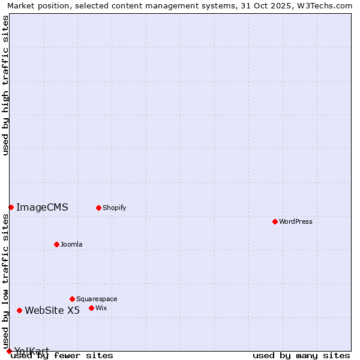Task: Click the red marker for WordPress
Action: (275, 221)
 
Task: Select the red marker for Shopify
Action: (98, 208)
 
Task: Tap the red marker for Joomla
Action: (56, 244)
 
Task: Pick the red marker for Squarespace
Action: (72, 299)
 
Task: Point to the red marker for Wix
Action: (91, 308)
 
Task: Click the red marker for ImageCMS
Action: (11, 207)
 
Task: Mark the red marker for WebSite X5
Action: (19, 310)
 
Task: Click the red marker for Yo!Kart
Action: (9, 351)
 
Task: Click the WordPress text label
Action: (296, 221)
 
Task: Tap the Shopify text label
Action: (114, 208)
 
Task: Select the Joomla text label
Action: (71, 244)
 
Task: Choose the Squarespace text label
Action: (97, 299)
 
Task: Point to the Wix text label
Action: (101, 308)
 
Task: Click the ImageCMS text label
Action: (42, 208)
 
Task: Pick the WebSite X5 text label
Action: (52, 310)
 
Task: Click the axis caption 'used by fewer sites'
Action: (62, 355)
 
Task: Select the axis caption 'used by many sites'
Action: (301, 355)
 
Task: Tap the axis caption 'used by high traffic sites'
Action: (5, 85)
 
